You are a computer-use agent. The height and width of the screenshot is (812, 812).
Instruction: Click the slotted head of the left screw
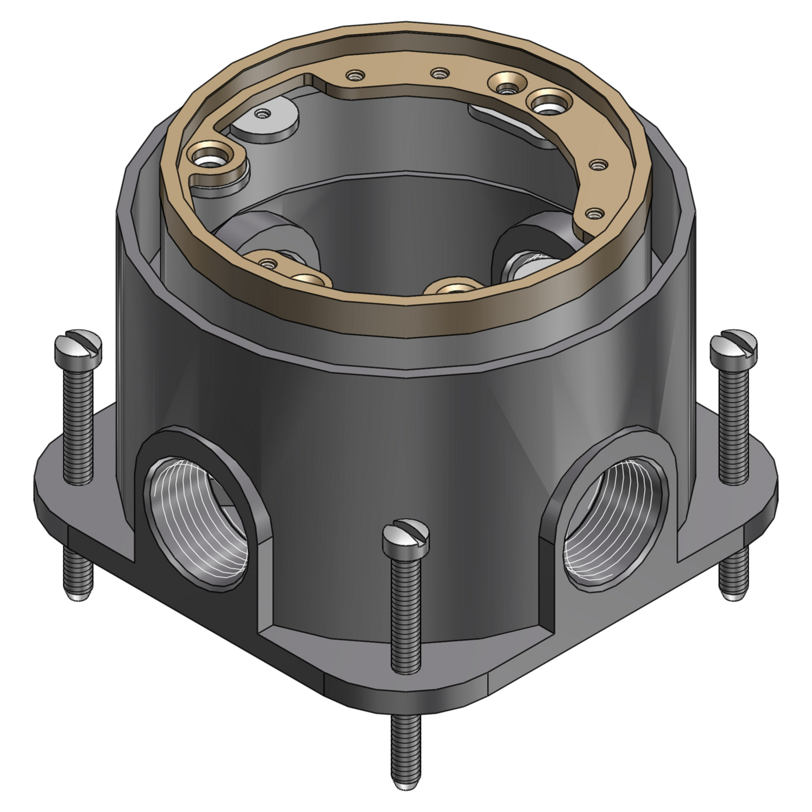(78, 346)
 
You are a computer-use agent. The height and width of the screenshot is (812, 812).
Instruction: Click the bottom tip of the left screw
(78, 595)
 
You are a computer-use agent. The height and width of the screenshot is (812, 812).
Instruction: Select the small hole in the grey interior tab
(264, 114)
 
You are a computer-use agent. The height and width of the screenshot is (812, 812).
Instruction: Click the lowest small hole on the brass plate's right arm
(595, 213)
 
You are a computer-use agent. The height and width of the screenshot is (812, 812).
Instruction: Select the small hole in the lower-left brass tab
(266, 264)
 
